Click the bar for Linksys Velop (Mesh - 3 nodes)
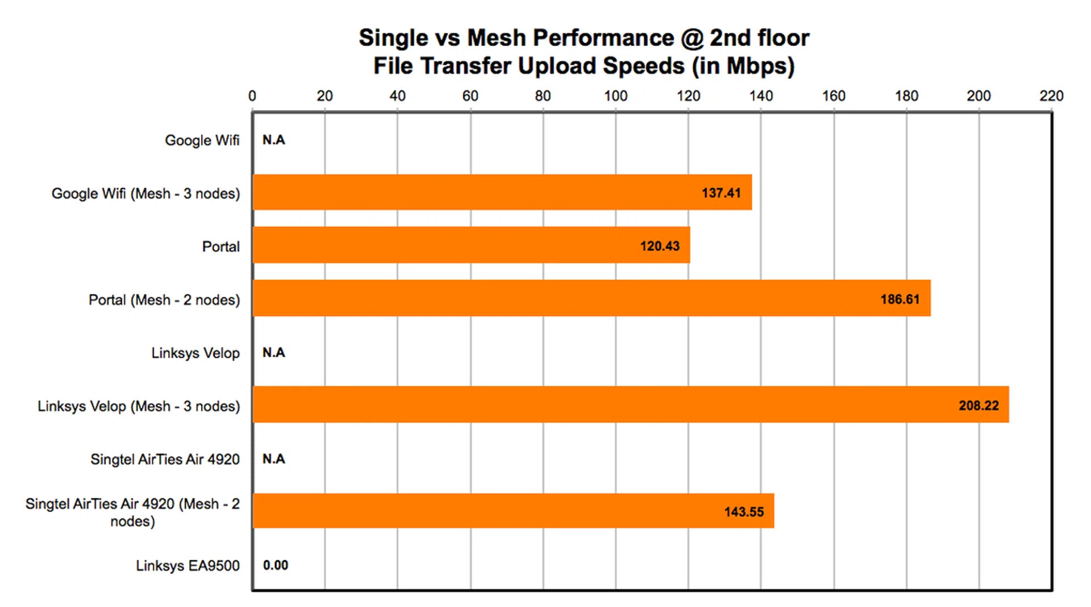click(x=631, y=404)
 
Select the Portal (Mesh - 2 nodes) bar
click(x=591, y=298)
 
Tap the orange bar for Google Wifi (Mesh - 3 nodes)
click(x=502, y=192)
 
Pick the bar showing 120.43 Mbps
click(x=471, y=245)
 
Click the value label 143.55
click(x=744, y=512)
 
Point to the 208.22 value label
click(x=978, y=406)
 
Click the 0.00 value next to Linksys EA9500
click(x=276, y=565)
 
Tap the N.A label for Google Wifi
click(x=273, y=140)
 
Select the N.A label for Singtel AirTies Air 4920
click(x=273, y=459)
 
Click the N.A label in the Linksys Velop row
click(x=273, y=353)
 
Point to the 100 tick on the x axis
click(x=615, y=96)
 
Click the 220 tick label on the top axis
click(x=1051, y=96)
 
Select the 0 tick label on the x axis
click(x=252, y=96)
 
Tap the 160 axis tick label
click(x=834, y=96)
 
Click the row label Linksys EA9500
click(x=188, y=565)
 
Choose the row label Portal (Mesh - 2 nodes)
click(x=164, y=300)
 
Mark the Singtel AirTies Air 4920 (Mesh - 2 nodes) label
click(x=132, y=512)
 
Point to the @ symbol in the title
click(x=692, y=38)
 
